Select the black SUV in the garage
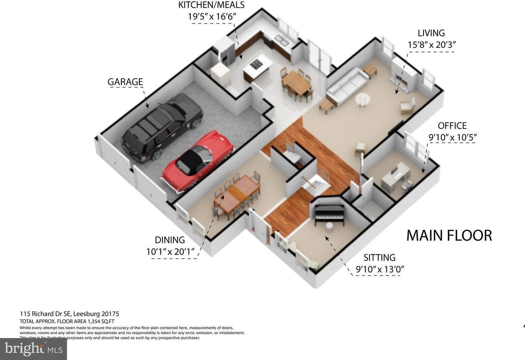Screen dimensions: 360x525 (x=162, y=125)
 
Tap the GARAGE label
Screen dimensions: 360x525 (x=125, y=82)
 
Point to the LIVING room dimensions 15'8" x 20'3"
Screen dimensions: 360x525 (x=431, y=46)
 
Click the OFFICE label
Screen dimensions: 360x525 (x=452, y=126)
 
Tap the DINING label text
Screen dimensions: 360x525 (x=169, y=240)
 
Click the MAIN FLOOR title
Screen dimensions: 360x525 (x=449, y=236)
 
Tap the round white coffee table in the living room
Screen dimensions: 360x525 (x=362, y=99)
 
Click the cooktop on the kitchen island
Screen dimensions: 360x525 (x=256, y=64)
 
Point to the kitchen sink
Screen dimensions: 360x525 (x=281, y=40)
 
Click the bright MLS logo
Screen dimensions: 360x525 (x=33, y=349)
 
